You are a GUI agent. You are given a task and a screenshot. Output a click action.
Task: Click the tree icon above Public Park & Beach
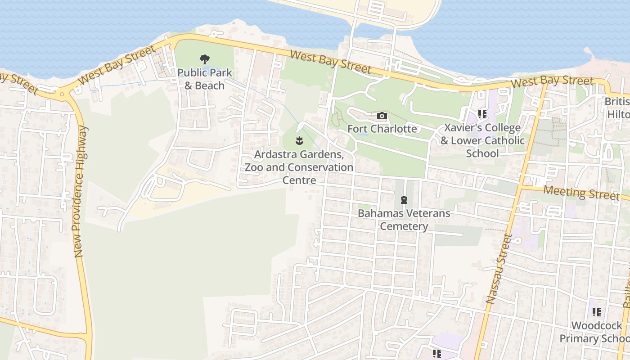click(205, 59)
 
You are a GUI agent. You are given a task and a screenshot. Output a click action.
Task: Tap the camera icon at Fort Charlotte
click(382, 116)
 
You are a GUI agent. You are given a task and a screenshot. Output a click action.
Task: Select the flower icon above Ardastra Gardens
click(299, 141)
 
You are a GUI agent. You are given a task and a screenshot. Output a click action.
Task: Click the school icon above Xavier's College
click(482, 114)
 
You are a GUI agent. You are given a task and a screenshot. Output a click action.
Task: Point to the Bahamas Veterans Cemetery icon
click(404, 199)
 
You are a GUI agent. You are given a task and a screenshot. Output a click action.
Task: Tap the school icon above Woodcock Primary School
click(597, 312)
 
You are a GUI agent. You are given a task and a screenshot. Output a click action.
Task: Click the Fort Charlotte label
click(382, 129)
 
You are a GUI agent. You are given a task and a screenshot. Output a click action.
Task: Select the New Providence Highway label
click(81, 192)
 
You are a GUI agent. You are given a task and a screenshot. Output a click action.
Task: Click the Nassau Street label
click(499, 269)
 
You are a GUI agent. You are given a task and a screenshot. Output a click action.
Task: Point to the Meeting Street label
click(581, 193)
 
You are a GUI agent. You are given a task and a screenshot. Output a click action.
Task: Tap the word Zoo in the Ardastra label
click(255, 167)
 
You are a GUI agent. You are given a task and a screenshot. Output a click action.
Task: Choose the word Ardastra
click(276, 154)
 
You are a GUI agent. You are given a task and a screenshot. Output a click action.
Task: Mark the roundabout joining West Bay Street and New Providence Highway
click(62, 94)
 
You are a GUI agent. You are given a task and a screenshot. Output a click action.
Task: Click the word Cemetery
click(404, 226)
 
